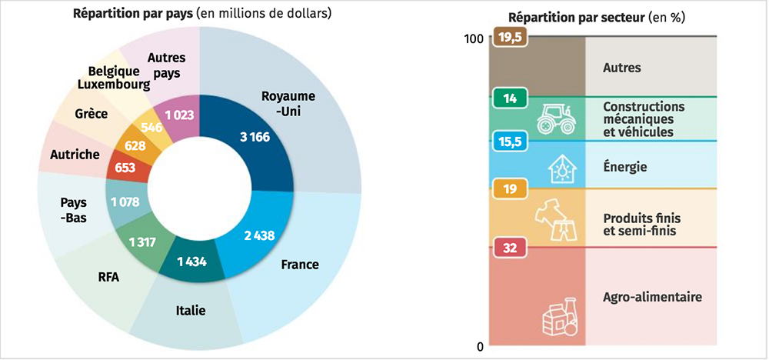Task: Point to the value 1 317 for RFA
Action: point(143,243)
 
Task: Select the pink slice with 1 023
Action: point(178,115)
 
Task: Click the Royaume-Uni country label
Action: point(289,103)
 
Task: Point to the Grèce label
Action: point(92,114)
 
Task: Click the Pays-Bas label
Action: point(74,210)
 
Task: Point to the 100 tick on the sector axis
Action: point(474,40)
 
